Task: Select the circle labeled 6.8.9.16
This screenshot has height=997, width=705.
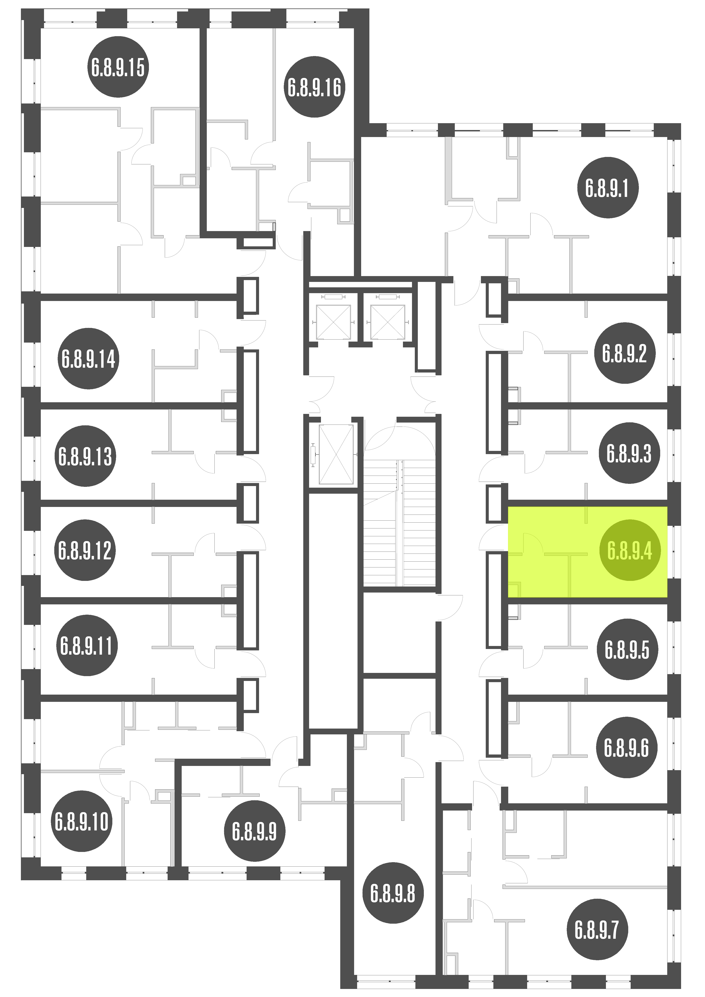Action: click(315, 87)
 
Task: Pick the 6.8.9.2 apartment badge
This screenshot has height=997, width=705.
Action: click(625, 353)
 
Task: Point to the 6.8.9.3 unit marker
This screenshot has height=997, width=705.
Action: click(629, 453)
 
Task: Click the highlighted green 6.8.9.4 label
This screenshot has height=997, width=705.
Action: click(630, 550)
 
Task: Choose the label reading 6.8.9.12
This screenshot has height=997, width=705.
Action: click(85, 550)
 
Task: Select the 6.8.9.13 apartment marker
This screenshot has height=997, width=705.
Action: click(85, 456)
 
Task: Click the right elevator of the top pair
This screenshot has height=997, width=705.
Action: click(387, 322)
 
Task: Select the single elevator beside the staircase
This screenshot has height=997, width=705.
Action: click(336, 454)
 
